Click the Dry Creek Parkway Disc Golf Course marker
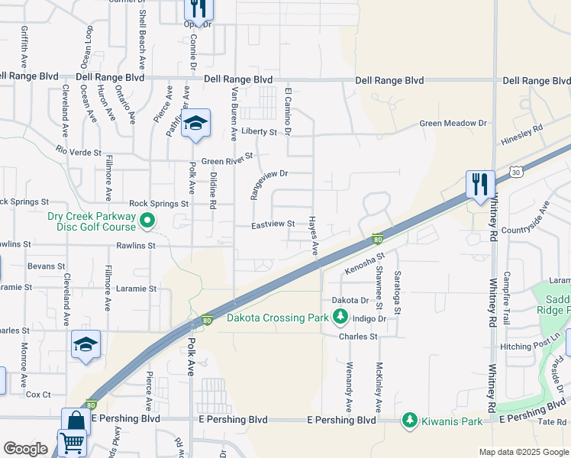(x=148, y=222)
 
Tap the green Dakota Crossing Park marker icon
(x=340, y=318)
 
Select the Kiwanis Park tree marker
(x=410, y=420)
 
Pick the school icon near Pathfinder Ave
(x=196, y=124)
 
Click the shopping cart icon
(x=72, y=442)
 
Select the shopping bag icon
(x=76, y=421)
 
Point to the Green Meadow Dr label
(x=453, y=123)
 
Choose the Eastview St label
(x=274, y=224)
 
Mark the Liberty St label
(x=259, y=131)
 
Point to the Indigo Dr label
(x=369, y=318)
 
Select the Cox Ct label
(x=38, y=395)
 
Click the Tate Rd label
(x=550, y=422)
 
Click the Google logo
(x=25, y=449)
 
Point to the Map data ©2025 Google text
(x=523, y=452)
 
